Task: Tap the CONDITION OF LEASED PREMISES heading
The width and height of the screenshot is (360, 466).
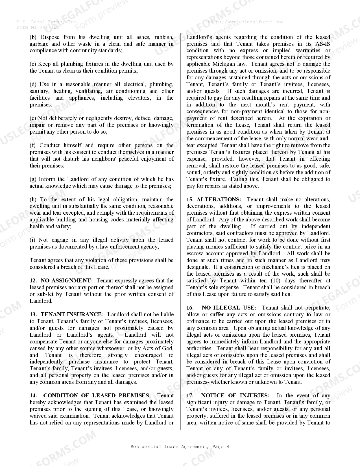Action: (97, 395)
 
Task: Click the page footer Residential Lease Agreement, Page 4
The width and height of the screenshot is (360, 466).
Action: (180, 447)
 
